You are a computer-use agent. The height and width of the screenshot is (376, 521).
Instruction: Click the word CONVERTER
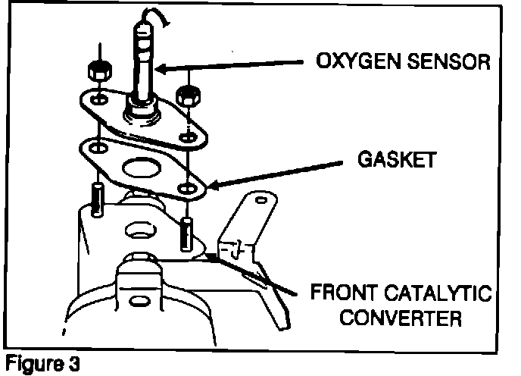click(x=400, y=318)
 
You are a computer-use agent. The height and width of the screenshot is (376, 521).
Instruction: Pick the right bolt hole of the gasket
click(x=186, y=186)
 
